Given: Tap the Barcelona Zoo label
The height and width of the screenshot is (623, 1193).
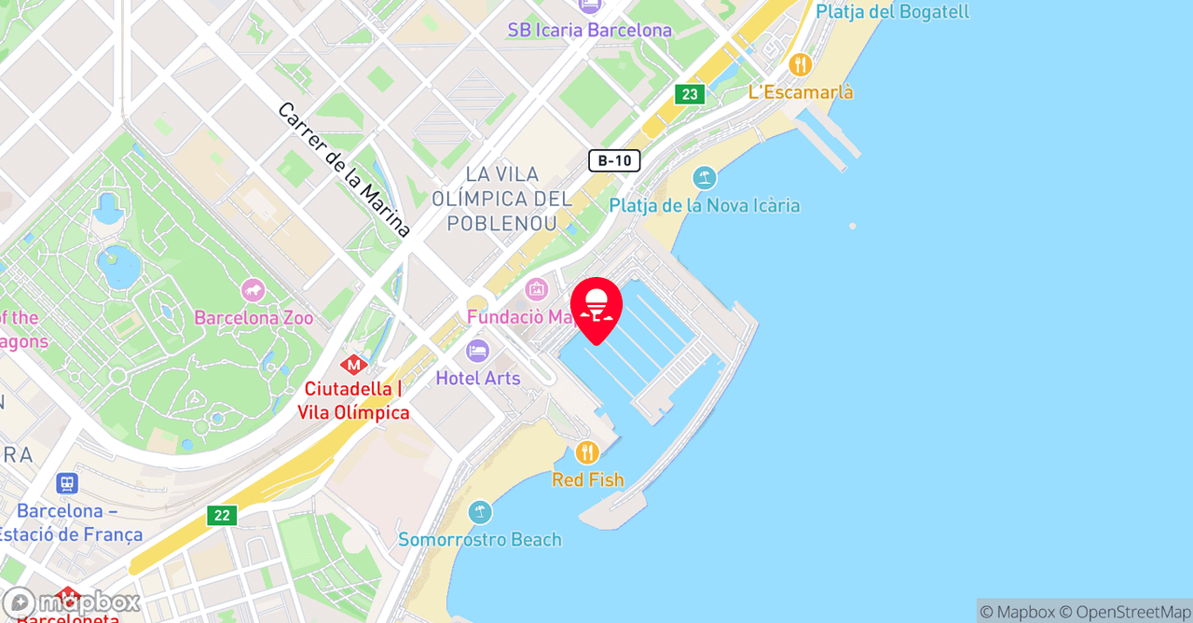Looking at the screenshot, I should click(x=254, y=318).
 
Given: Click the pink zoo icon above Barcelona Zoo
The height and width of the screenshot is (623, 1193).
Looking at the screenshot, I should click(x=253, y=291).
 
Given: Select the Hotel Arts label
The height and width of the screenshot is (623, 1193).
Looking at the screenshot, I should click(x=478, y=378).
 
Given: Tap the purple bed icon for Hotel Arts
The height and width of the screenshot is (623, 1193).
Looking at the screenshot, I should click(x=477, y=352).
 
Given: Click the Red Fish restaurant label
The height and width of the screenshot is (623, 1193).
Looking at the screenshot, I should click(x=587, y=479).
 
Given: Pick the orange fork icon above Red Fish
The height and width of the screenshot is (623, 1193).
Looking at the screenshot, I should click(x=587, y=453).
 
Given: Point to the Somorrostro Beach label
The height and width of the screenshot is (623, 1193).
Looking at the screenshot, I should click(x=480, y=539).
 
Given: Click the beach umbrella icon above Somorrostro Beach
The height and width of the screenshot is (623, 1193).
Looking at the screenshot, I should click(x=480, y=512).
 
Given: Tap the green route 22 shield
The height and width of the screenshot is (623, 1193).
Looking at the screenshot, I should click(x=222, y=515).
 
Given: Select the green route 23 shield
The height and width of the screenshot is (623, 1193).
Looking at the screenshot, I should click(x=690, y=94).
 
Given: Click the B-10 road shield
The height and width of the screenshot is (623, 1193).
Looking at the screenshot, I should click(x=614, y=160).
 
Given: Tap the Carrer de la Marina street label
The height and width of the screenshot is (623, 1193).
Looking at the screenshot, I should click(x=344, y=170).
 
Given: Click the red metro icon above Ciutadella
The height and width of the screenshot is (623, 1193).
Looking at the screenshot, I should click(x=353, y=365).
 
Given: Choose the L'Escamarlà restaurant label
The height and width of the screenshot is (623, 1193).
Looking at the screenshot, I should click(x=801, y=92).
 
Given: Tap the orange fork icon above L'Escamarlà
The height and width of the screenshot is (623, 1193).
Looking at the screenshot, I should click(x=800, y=65).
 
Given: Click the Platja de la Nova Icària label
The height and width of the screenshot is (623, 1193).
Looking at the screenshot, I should click(x=705, y=205).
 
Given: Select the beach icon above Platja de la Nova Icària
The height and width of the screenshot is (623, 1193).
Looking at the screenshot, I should click(x=705, y=177).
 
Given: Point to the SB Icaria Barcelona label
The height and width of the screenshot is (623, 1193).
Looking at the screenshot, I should click(x=589, y=30).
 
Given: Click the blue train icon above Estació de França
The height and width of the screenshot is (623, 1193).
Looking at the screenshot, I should click(x=66, y=483).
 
